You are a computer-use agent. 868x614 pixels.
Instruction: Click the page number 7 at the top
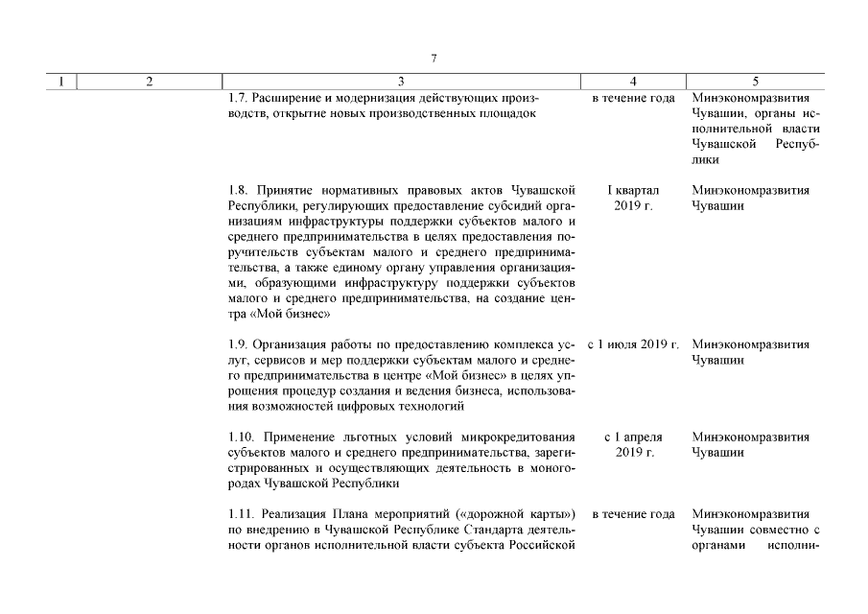coord(434,59)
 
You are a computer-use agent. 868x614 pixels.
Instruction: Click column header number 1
coord(61,82)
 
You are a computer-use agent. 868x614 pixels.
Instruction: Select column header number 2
coord(149,82)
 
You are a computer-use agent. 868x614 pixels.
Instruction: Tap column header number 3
coord(401,82)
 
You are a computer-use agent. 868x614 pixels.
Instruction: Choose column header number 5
coord(756,82)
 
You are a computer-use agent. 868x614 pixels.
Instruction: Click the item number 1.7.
coord(239,99)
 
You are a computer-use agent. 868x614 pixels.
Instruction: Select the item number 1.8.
coord(239,191)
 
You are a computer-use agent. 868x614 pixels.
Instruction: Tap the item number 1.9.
coord(239,344)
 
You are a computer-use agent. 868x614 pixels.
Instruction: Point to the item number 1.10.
coord(242,437)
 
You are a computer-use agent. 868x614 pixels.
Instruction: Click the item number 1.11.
coord(242,514)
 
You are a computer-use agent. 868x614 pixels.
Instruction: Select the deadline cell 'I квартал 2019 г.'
coord(633,199)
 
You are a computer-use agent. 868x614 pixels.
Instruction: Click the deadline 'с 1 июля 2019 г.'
coord(633,344)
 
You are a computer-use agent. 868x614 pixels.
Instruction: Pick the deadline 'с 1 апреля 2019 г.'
coord(633,445)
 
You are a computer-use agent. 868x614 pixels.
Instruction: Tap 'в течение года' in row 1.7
coord(633,99)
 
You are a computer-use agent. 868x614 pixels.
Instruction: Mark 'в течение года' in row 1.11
coord(633,514)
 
